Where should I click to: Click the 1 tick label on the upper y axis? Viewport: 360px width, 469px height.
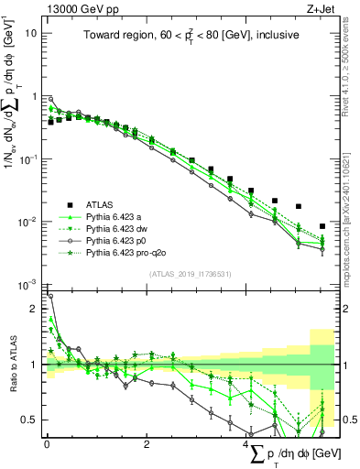pos(35,96)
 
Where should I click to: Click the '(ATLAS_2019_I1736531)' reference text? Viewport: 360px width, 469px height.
pos(190,274)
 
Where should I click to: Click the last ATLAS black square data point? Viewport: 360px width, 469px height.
pos(322,226)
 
